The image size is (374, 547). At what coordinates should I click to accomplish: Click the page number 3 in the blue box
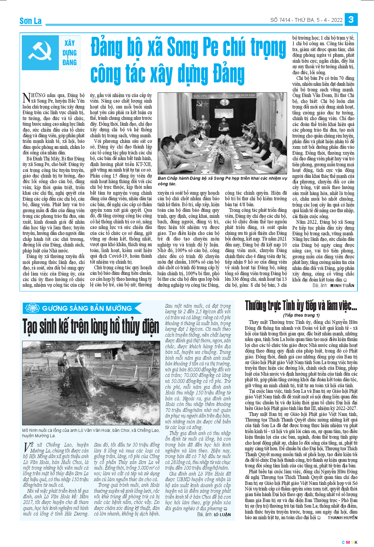click(351, 19)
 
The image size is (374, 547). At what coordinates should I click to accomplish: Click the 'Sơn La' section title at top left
click(31, 21)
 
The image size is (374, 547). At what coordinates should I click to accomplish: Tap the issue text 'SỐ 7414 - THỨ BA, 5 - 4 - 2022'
click(306, 20)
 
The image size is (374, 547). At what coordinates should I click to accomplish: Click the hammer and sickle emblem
click(40, 52)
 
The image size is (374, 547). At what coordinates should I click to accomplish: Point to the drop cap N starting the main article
click(26, 98)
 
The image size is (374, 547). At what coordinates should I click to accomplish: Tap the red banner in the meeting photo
click(224, 95)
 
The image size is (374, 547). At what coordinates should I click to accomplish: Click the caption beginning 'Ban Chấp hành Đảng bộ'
click(222, 181)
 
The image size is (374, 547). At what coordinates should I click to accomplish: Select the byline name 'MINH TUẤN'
click(342, 285)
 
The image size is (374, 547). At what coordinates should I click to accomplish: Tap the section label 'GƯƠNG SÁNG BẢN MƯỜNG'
click(87, 308)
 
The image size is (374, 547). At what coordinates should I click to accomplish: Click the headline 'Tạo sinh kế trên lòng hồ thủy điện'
click(91, 326)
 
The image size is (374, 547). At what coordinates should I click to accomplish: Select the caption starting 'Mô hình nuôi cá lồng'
click(91, 433)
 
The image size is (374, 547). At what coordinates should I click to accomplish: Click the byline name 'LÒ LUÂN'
click(222, 515)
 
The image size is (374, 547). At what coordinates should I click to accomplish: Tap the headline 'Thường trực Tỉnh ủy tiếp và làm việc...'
click(301, 305)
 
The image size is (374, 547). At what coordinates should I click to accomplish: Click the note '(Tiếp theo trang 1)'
click(301, 315)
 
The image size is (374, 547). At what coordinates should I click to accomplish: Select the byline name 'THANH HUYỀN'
click(343, 517)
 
